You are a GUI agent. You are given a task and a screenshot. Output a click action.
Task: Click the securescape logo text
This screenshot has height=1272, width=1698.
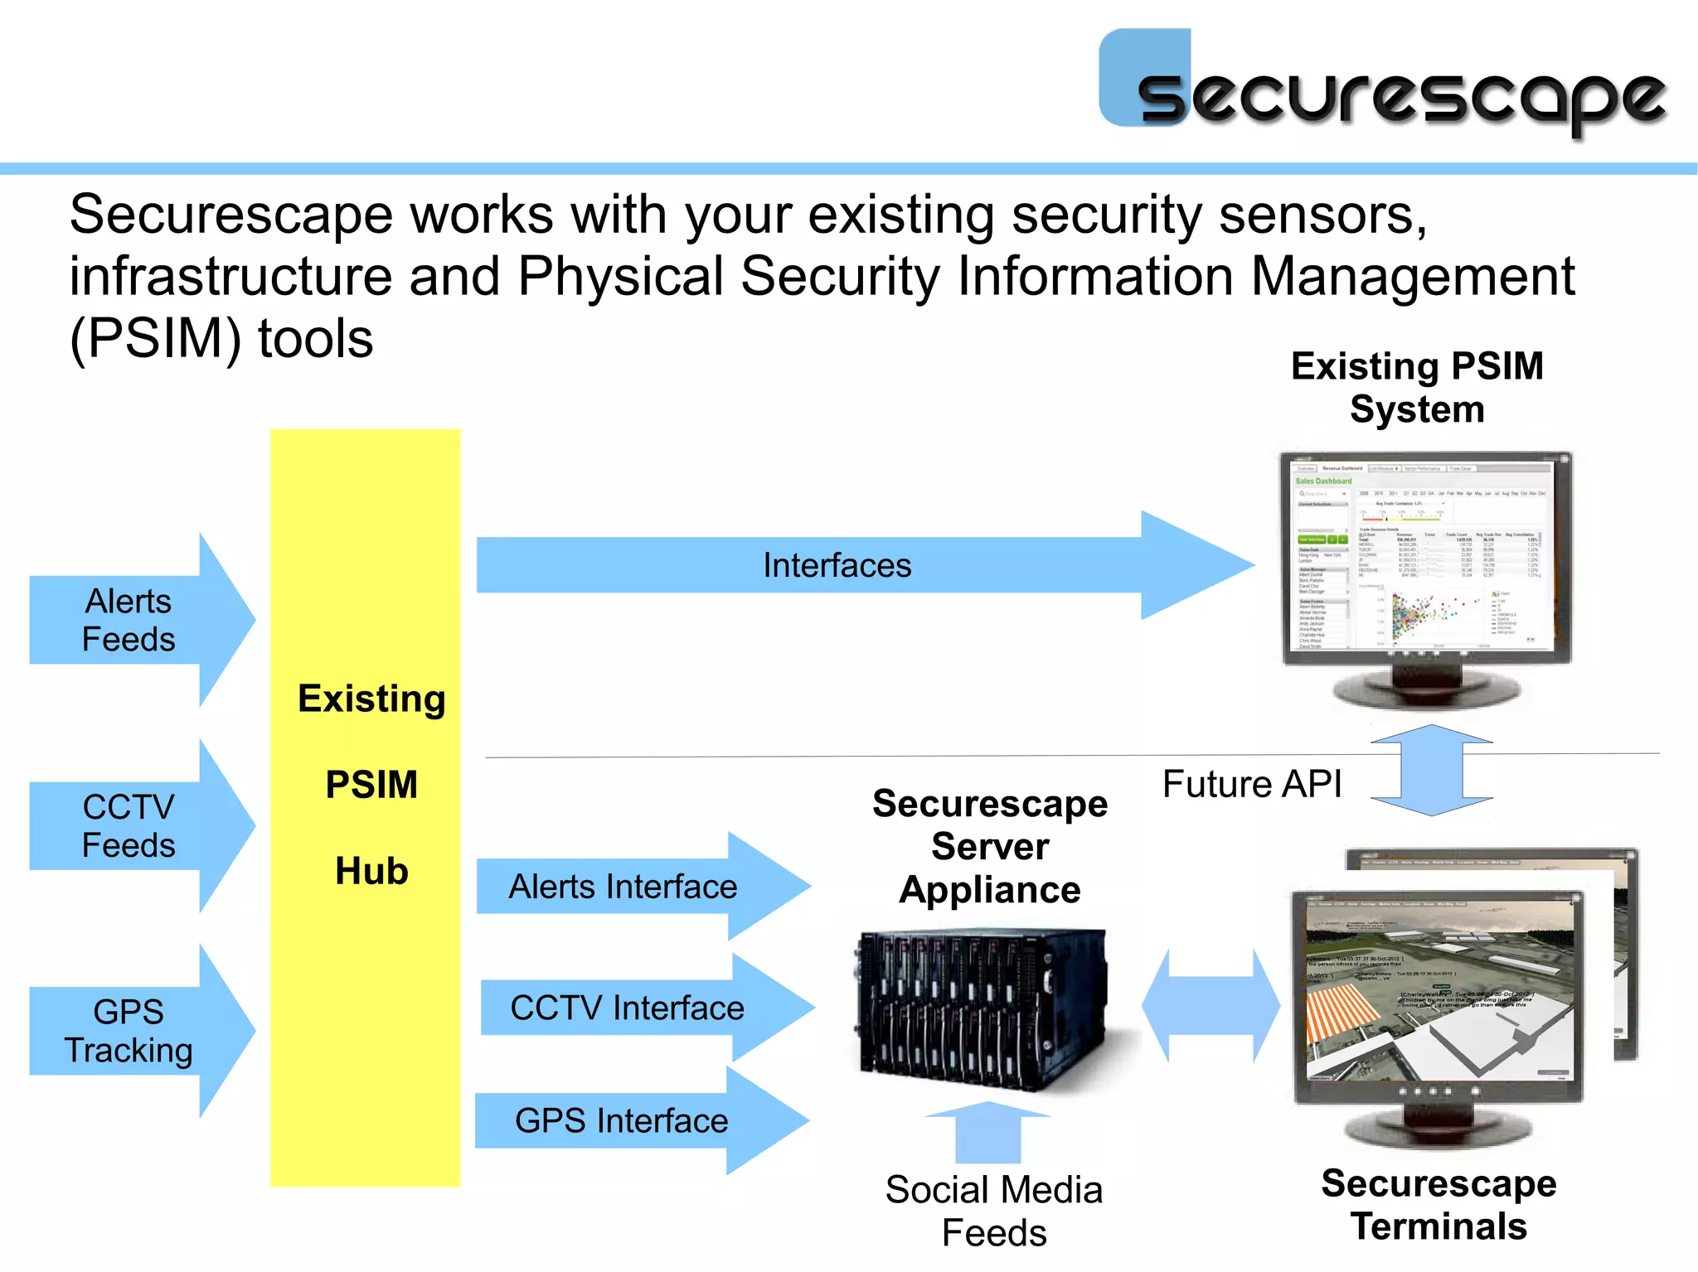(1401, 98)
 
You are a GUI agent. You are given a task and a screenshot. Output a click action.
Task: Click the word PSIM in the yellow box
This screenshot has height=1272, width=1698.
(371, 785)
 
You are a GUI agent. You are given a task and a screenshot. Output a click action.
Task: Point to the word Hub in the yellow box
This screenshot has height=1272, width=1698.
(371, 871)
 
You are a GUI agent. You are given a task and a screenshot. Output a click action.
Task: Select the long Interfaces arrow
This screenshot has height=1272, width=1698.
(837, 565)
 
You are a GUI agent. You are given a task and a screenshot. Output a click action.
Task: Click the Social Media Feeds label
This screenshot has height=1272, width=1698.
(993, 1211)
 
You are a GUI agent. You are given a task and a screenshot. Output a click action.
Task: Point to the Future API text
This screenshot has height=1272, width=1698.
(1251, 784)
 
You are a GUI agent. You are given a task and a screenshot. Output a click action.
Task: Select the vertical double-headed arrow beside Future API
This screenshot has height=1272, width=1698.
(1432, 770)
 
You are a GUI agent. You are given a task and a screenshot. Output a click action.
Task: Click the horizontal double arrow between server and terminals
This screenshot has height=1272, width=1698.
(1210, 1006)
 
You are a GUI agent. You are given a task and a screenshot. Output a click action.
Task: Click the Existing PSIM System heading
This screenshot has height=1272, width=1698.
(1417, 387)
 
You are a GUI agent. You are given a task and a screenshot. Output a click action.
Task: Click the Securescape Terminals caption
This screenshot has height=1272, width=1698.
(1438, 1204)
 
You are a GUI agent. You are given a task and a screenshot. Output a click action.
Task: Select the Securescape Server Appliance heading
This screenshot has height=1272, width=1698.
(990, 846)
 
